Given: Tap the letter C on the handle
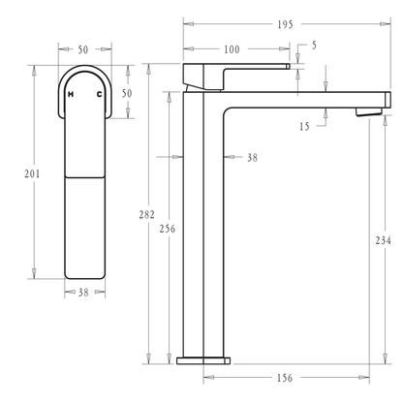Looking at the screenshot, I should click(x=99, y=94).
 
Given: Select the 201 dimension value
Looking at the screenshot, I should click(x=33, y=173).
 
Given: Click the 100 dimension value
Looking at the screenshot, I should click(x=232, y=49).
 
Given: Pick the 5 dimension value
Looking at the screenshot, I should click(x=313, y=45).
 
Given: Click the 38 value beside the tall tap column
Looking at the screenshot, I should click(x=252, y=156).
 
